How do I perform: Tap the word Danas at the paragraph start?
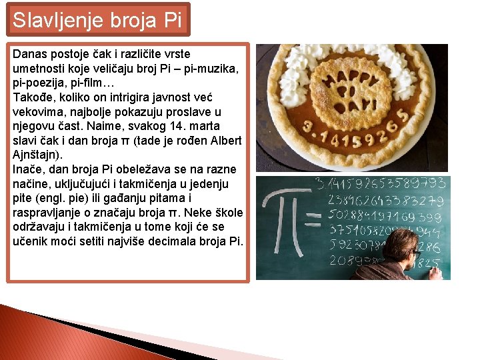(x=31, y=54)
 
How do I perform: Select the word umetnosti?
(x=40, y=69)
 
